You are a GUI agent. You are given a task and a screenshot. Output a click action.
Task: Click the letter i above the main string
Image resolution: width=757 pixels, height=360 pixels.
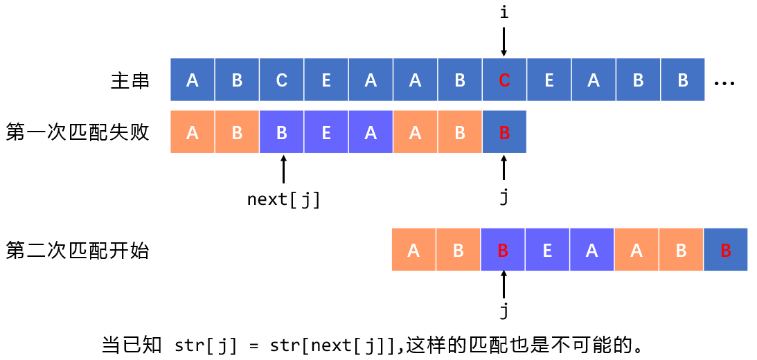(x=504, y=12)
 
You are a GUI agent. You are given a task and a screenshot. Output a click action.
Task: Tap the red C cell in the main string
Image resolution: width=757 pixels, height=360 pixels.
(x=504, y=80)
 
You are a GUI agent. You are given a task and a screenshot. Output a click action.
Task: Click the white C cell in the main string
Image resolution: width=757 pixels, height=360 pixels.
(x=281, y=80)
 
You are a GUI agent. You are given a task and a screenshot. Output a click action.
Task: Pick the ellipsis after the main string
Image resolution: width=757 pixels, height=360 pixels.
(x=724, y=82)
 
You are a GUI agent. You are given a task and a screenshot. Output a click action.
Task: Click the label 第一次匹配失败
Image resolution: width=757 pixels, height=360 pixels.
(x=78, y=132)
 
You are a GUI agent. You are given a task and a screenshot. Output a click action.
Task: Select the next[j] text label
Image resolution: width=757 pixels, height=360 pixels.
(x=284, y=199)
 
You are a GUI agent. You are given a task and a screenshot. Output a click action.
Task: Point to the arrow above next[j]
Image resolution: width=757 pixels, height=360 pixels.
(x=283, y=170)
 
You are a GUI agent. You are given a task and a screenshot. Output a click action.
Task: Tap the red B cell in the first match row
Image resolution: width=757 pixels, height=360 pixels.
(x=504, y=132)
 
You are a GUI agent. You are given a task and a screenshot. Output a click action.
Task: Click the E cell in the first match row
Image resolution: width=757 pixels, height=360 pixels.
(x=326, y=132)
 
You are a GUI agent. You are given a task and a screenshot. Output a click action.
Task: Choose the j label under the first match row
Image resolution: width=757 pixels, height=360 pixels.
(x=504, y=197)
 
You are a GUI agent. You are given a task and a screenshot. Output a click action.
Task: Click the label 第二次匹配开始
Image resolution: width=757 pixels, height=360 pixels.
(x=78, y=250)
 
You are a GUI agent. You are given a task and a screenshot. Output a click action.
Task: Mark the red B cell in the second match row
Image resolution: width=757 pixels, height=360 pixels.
(x=725, y=250)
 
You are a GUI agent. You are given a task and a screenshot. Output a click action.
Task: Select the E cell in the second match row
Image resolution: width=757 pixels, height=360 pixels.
(x=547, y=250)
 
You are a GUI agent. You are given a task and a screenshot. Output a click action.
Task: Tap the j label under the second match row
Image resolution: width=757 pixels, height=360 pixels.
(x=504, y=312)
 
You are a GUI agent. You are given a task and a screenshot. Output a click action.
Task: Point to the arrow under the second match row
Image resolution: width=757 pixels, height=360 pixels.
(x=504, y=284)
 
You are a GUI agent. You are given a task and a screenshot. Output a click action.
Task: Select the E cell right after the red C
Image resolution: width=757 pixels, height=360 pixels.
(x=549, y=80)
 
